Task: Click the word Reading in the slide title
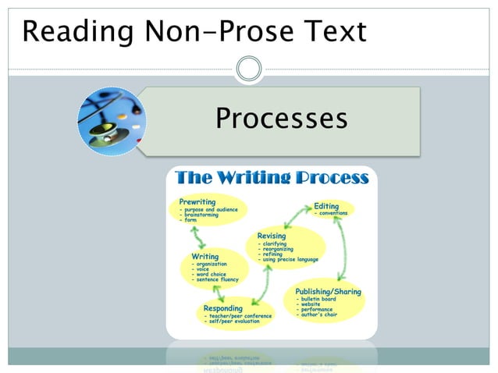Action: [x=69, y=31]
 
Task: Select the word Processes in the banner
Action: [x=281, y=119]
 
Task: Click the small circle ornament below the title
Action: [x=249, y=69]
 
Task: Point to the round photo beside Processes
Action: [x=112, y=121]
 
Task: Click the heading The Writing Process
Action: [x=272, y=178]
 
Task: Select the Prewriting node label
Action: [x=197, y=201]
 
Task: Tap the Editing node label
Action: [x=326, y=206]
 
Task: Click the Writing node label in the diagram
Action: [x=205, y=256]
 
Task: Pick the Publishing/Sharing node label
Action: [x=329, y=291]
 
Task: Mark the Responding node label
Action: [x=222, y=307]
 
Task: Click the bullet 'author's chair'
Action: [x=318, y=314]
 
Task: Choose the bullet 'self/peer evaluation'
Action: [x=232, y=321]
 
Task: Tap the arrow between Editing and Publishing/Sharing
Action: [x=339, y=248]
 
